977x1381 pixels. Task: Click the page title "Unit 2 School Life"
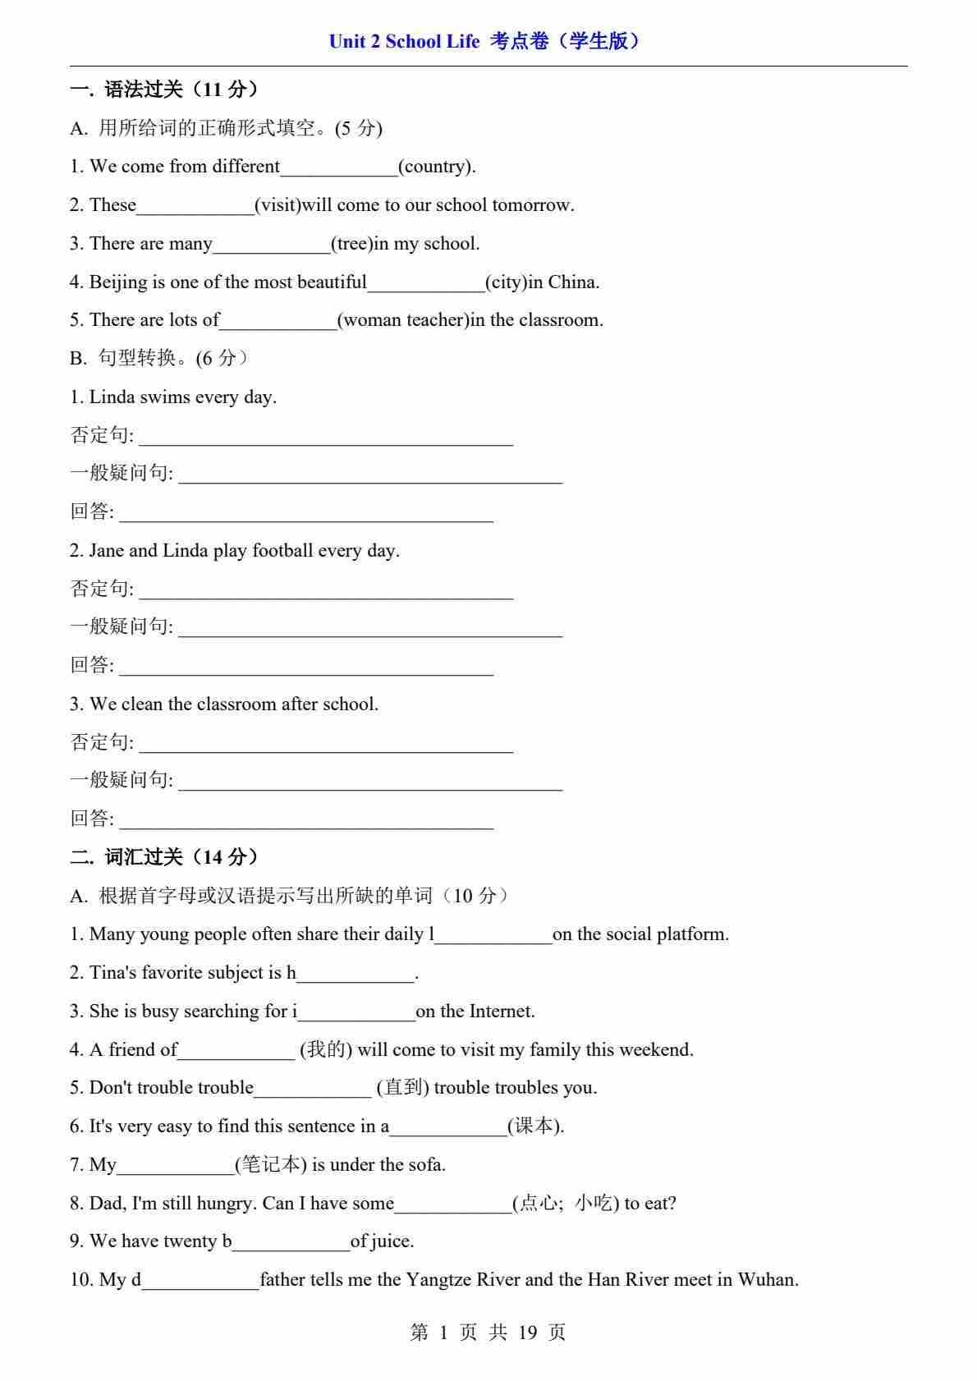[x=404, y=41]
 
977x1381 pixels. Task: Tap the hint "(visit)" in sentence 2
[x=278, y=205]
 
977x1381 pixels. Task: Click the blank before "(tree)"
[x=271, y=245]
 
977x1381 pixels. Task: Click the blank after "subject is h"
[x=355, y=974]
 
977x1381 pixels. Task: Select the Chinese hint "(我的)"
[x=326, y=1050]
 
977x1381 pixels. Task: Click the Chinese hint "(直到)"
[x=402, y=1088]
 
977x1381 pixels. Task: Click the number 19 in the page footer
[x=527, y=1333]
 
